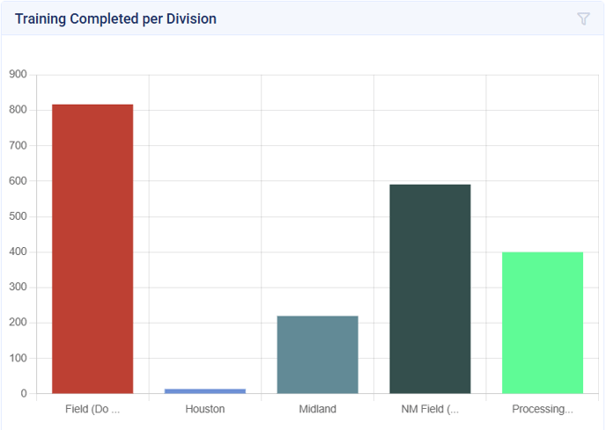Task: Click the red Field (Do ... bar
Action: [x=92, y=249]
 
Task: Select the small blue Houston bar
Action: [x=205, y=390]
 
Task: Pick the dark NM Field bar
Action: [x=430, y=288]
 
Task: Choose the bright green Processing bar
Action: [x=543, y=323]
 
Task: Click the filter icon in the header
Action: [x=583, y=18]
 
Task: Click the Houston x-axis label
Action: [x=205, y=409]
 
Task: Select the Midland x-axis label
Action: [x=317, y=409]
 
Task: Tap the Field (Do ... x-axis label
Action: [x=92, y=409]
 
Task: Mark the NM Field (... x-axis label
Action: [x=430, y=409]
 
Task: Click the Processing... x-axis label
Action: [x=543, y=409]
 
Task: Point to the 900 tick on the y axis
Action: [x=18, y=75]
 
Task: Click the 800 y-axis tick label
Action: [x=18, y=110]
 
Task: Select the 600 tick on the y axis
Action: [x=18, y=181]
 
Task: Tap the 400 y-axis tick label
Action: [x=18, y=252]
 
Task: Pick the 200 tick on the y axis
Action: [x=18, y=323]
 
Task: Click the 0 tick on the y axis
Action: [x=25, y=394]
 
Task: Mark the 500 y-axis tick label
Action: [x=18, y=216]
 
